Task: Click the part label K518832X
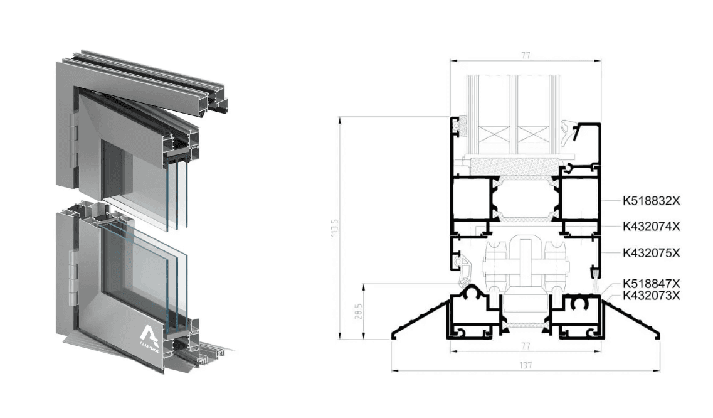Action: pyautogui.click(x=651, y=201)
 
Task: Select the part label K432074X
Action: pyautogui.click(x=651, y=226)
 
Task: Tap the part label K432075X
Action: pyautogui.click(x=651, y=253)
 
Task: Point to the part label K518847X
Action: pyautogui.click(x=651, y=283)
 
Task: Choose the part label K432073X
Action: pyautogui.click(x=651, y=294)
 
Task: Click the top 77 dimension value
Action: pyautogui.click(x=526, y=55)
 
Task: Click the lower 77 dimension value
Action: pyautogui.click(x=526, y=345)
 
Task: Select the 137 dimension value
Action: pyautogui.click(x=526, y=365)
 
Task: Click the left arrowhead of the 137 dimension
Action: pyautogui.click(x=393, y=371)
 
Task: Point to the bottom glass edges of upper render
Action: pyautogui.click(x=177, y=225)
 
